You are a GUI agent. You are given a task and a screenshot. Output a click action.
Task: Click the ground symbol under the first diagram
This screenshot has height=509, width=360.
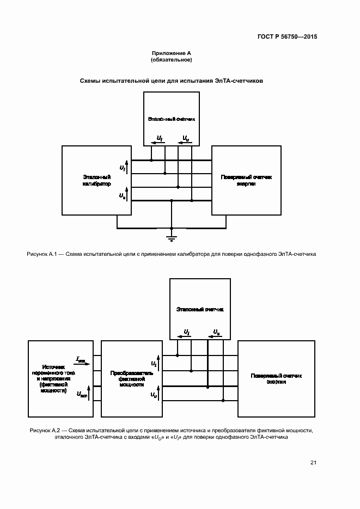172,237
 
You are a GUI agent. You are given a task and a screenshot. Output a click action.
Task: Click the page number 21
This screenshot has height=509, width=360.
313,463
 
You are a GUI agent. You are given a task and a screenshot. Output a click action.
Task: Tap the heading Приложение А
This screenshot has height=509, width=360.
171,53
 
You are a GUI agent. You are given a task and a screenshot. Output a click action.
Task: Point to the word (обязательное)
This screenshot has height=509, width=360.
171,59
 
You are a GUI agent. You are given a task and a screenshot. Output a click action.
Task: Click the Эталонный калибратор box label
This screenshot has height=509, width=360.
97,181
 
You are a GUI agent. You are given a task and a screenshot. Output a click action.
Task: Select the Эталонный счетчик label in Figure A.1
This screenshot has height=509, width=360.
171,118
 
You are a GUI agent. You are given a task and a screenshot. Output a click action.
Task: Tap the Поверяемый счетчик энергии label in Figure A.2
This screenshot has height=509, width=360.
276,379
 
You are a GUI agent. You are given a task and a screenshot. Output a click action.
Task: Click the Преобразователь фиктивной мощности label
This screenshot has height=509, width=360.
131,379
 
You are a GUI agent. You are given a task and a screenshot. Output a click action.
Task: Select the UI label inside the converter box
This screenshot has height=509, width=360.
154,363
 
